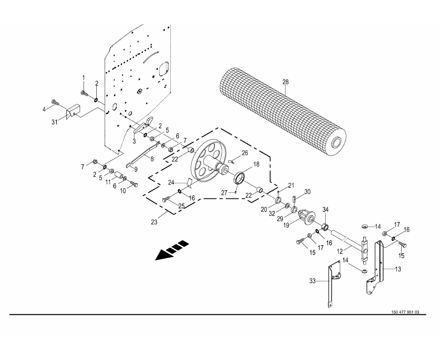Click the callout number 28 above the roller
click(286, 82)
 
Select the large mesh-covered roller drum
click(282, 112)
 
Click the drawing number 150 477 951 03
click(405, 312)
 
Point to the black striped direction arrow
click(172, 250)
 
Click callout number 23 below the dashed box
click(154, 222)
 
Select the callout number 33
click(313, 280)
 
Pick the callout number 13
click(398, 269)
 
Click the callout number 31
click(54, 122)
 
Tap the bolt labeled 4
click(55, 103)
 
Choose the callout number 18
click(256, 164)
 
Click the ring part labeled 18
click(240, 179)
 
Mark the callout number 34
click(325, 209)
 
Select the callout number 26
click(245, 153)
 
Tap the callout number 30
click(307, 192)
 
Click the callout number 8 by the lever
click(152, 159)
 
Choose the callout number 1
click(83, 77)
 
